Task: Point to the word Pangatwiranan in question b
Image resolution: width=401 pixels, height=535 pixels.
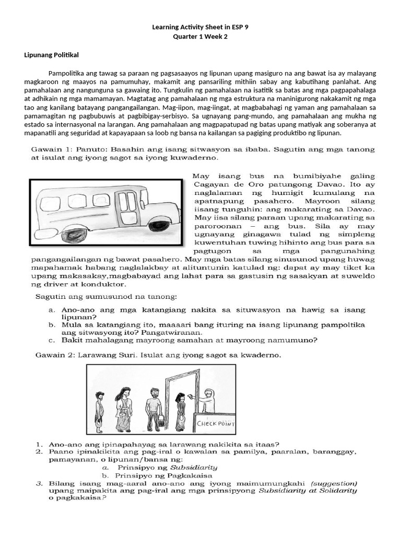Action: tap(171, 332)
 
